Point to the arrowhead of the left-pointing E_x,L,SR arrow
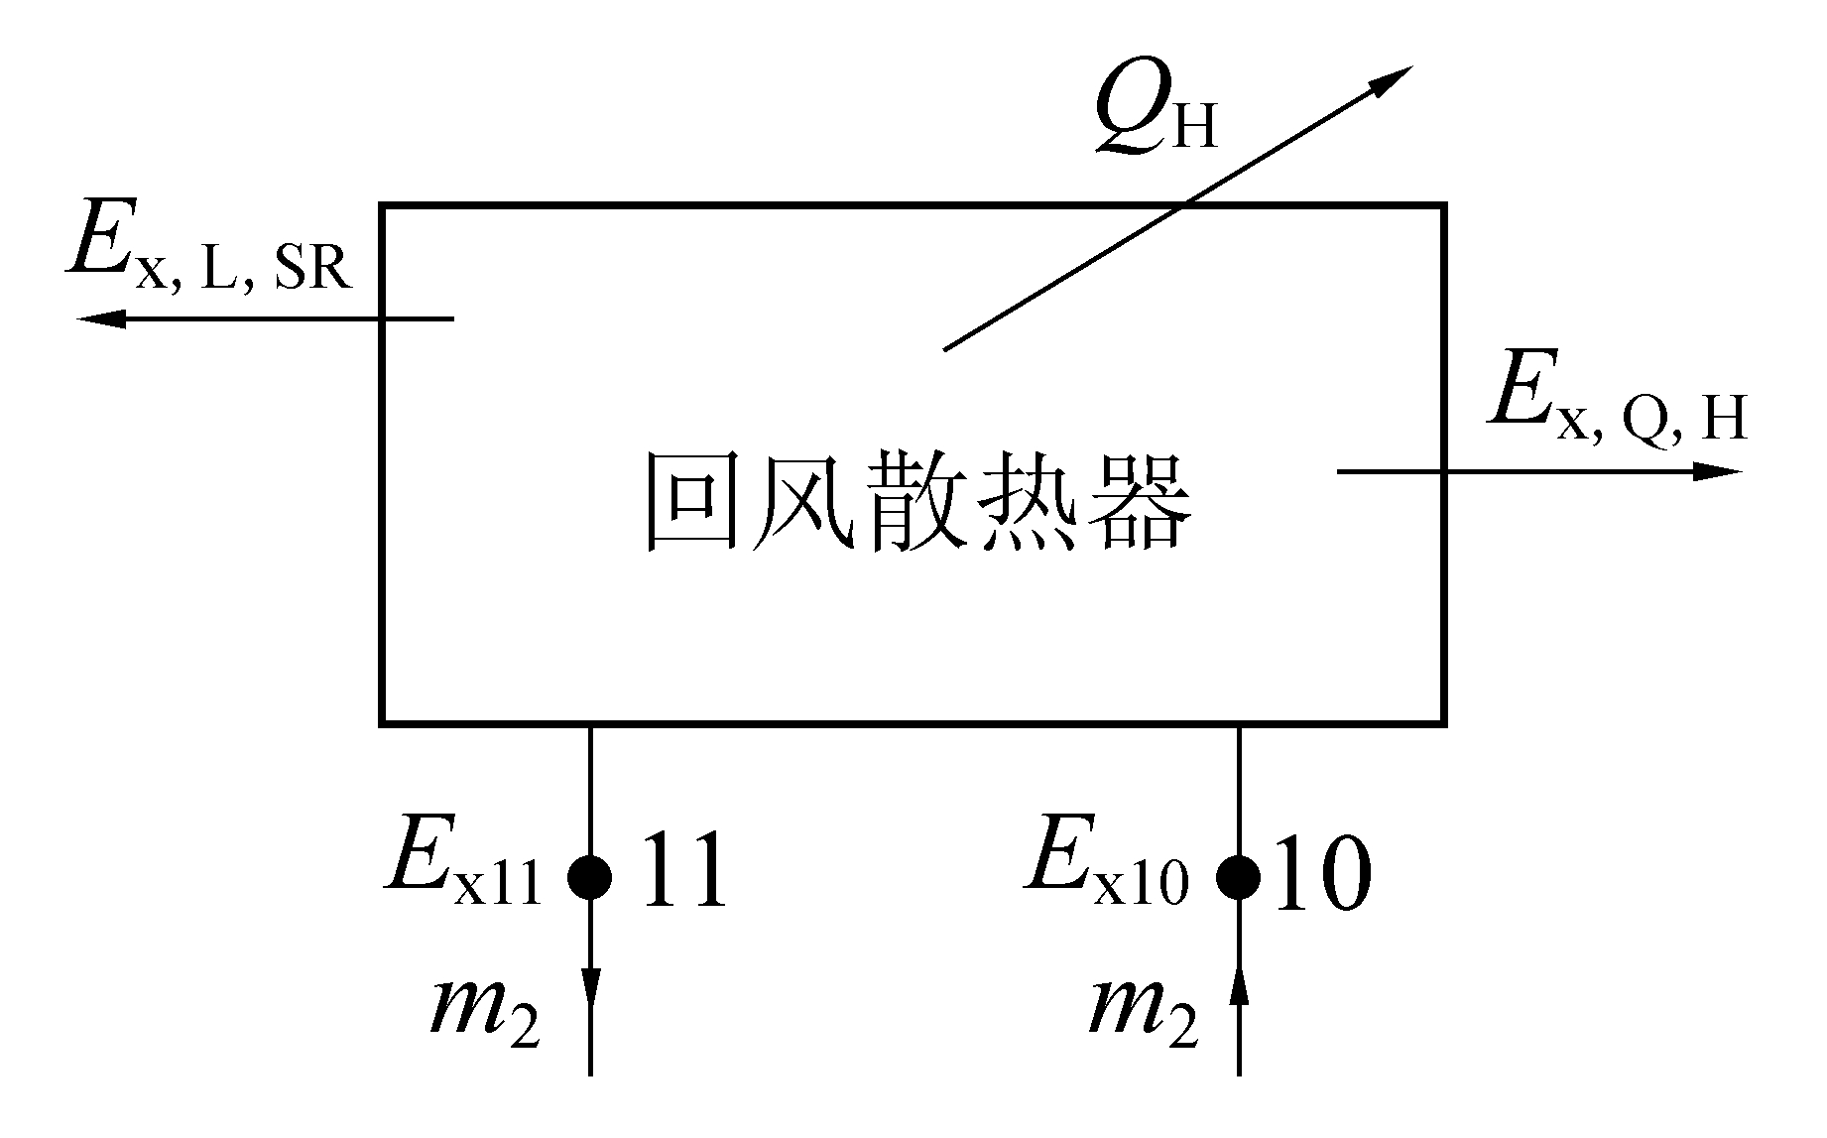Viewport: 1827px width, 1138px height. tap(99, 318)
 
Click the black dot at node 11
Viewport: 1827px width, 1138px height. tap(590, 876)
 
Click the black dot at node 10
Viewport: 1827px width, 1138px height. tap(1239, 876)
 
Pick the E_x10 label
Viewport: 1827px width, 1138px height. tap(1107, 866)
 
